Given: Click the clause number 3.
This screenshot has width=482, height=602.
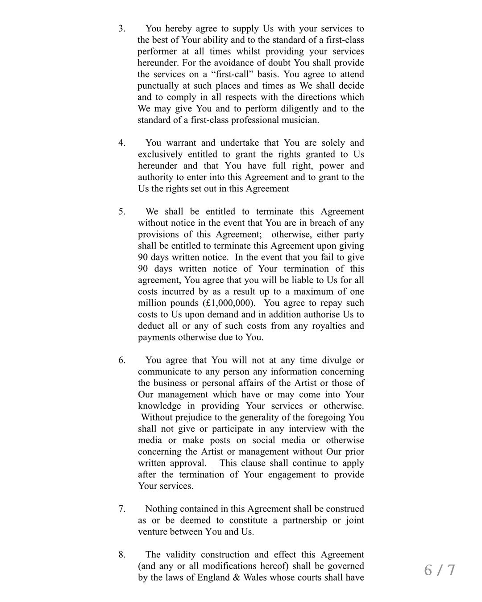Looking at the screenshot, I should pyautogui.click(x=121, y=29).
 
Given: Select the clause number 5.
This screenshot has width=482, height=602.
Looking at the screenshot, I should pyautogui.click(x=121, y=211).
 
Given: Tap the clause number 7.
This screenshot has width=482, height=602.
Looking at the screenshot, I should pyautogui.click(x=121, y=509).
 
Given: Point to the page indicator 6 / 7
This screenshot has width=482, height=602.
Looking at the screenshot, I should pyautogui.click(x=440, y=570).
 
